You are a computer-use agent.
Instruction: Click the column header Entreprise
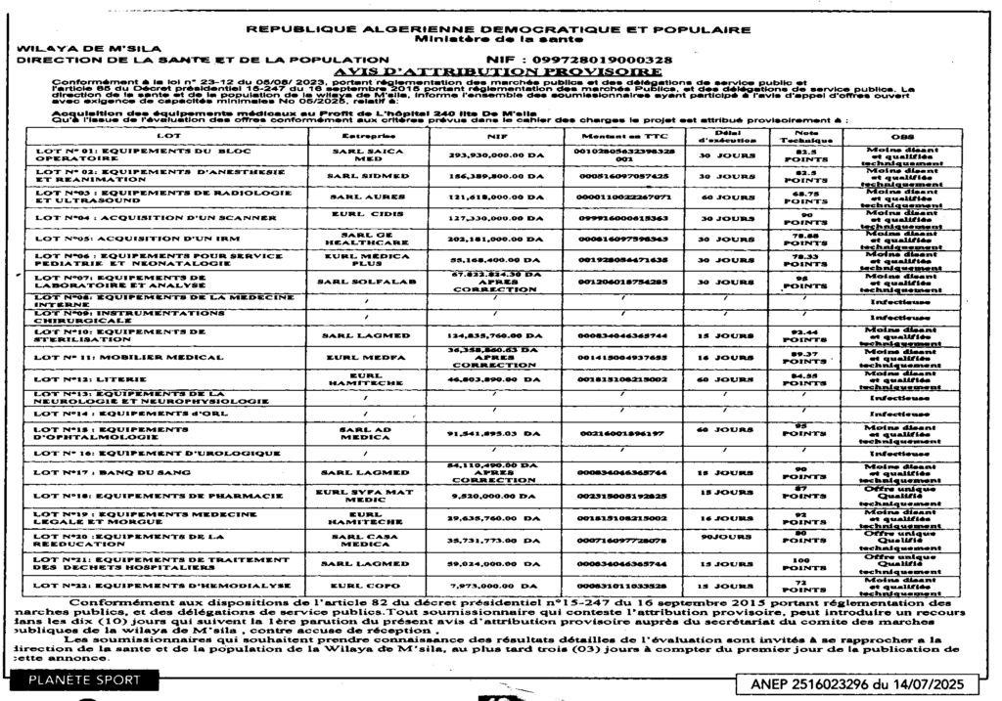pyautogui.click(x=364, y=134)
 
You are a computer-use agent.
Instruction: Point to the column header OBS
pyautogui.click(x=902, y=134)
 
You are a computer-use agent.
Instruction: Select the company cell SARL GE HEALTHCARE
pyautogui.click(x=364, y=240)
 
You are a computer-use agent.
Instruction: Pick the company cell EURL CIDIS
pyautogui.click(x=364, y=217)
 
